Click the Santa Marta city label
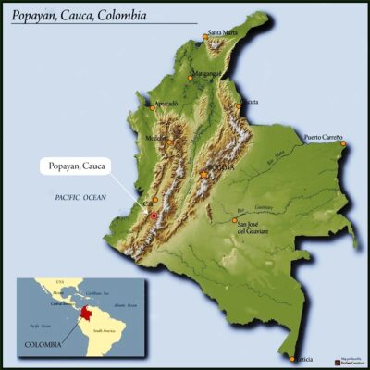(x=223, y=33)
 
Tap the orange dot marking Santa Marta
(x=205, y=38)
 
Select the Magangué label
(x=207, y=73)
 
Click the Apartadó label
(x=166, y=103)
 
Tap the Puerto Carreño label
(x=324, y=137)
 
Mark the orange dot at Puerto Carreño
(x=342, y=143)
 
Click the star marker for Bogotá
(x=203, y=173)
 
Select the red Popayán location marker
(x=154, y=216)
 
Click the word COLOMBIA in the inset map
(x=43, y=344)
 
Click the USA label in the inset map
(x=60, y=281)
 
